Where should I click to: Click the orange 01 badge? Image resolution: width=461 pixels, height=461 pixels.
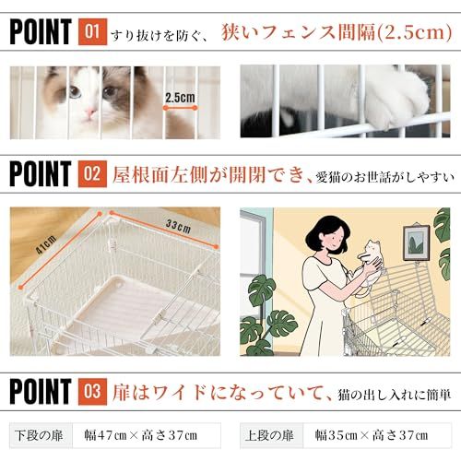click(x=93, y=33)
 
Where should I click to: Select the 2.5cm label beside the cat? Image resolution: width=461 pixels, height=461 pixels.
click(x=181, y=97)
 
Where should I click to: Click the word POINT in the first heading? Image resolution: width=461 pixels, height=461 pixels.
click(x=41, y=33)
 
